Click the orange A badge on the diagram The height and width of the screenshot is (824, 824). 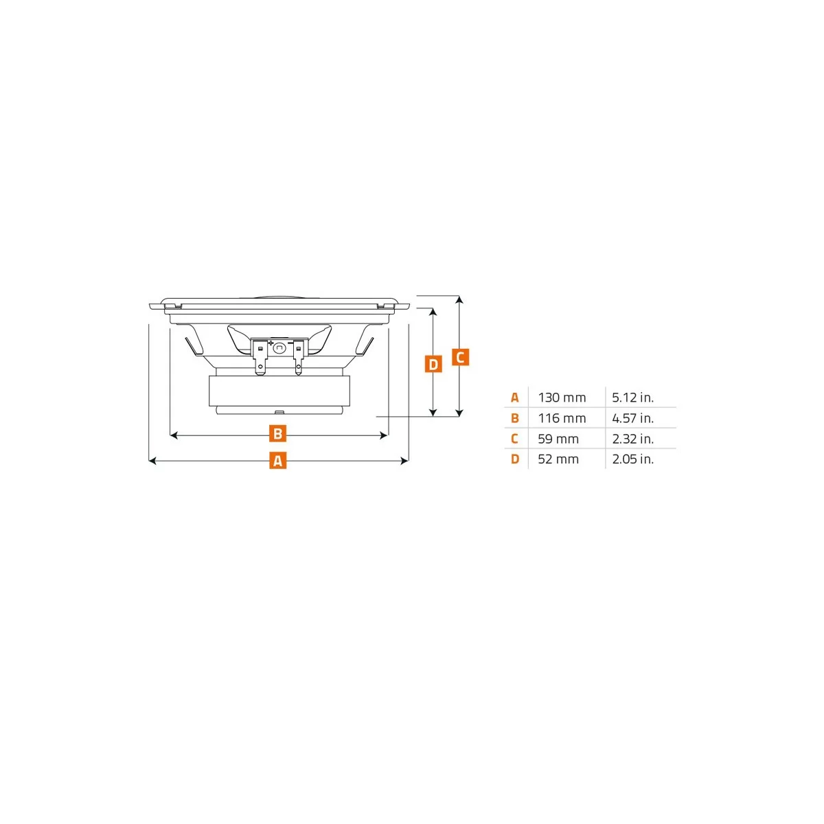(277, 461)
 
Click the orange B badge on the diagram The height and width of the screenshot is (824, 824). (277, 434)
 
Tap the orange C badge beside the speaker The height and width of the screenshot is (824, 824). (460, 357)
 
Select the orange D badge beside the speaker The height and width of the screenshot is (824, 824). (433, 365)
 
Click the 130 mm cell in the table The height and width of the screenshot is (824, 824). (562, 398)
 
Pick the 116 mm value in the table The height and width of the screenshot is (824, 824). (562, 418)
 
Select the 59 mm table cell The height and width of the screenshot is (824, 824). (558, 439)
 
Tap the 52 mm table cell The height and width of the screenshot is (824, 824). (558, 459)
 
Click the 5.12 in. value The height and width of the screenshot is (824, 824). (632, 398)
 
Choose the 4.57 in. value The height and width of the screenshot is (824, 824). (632, 418)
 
